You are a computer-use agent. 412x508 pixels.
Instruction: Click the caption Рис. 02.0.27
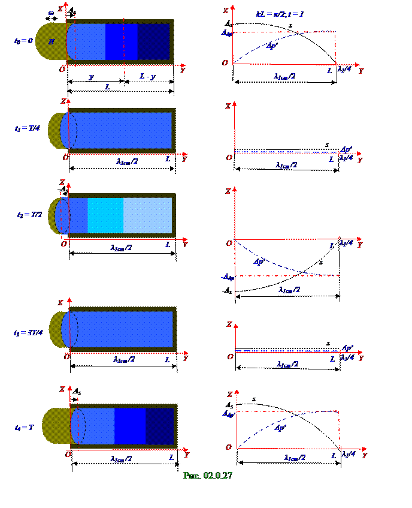pos(207,476)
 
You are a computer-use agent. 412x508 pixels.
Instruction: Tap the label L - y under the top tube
pos(147,76)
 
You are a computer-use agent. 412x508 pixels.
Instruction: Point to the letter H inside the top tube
pos(51,41)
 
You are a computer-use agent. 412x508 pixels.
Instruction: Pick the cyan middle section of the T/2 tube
pos(105,215)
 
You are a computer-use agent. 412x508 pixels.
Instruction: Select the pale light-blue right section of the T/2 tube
pos(147,215)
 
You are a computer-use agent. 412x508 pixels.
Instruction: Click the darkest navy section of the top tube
pos(154,41)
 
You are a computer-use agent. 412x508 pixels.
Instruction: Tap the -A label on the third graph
pos(228,277)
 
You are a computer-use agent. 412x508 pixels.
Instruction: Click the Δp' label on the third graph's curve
pos(259,261)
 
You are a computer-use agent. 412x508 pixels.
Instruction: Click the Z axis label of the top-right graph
pos(225,10)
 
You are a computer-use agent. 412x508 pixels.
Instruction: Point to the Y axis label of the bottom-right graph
pos(364,456)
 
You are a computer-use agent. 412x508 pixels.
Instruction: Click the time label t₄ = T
pos(24,427)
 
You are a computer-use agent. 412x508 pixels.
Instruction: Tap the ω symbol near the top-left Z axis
pos(51,13)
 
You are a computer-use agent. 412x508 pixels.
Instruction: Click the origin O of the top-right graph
pos(225,62)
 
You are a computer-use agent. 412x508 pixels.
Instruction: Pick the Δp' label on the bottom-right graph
pos(280,428)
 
